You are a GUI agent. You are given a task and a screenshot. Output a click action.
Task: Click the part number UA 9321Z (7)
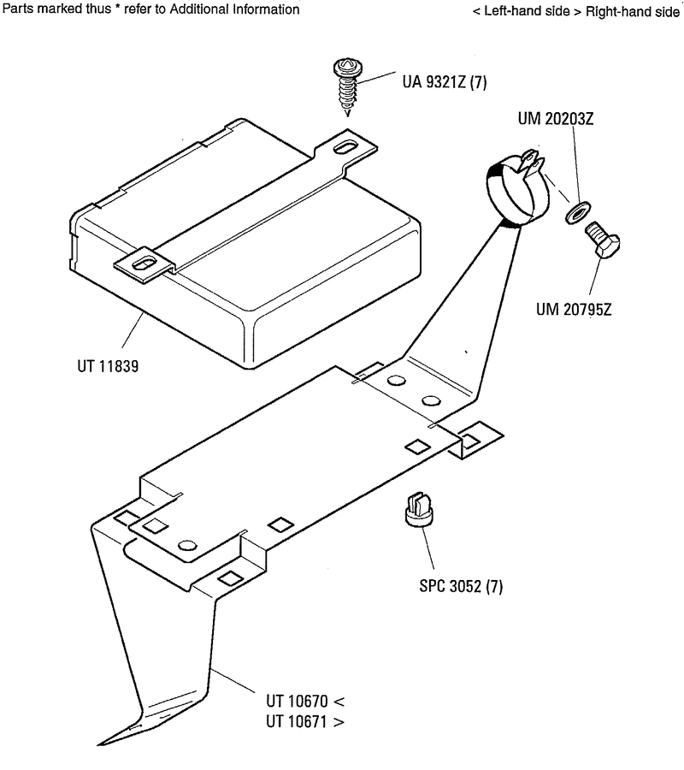pyautogui.click(x=444, y=83)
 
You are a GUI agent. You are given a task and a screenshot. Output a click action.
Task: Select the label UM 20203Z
pyautogui.click(x=556, y=119)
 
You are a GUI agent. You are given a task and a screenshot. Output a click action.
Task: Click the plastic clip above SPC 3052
pyautogui.click(x=418, y=509)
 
